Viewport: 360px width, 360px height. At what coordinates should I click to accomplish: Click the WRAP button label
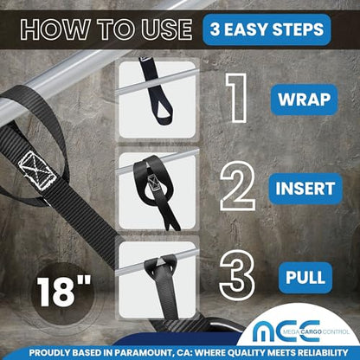click(304, 100)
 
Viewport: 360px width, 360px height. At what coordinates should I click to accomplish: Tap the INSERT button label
click(305, 189)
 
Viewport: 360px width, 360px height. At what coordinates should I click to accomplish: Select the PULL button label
click(305, 278)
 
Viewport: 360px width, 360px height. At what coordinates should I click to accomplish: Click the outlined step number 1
click(237, 98)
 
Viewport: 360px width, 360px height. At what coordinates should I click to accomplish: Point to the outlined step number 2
click(238, 186)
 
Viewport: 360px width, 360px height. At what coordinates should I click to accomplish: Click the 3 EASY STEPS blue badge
click(267, 29)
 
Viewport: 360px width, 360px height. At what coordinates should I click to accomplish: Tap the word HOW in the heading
click(55, 29)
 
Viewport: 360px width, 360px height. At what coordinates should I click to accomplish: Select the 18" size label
click(64, 291)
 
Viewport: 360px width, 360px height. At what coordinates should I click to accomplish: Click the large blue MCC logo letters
click(286, 331)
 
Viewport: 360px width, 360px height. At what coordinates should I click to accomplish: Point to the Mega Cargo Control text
click(316, 332)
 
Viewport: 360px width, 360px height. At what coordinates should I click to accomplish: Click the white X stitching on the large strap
click(36, 170)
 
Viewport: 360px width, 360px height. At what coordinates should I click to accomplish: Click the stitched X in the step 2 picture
click(153, 183)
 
